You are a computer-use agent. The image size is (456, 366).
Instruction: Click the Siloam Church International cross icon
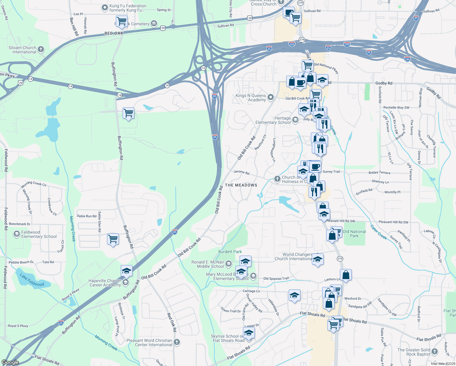41,49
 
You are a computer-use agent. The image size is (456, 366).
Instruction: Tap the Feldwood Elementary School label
39,234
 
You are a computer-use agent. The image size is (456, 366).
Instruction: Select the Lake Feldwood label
32,280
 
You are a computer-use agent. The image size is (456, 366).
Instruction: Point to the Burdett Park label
230,252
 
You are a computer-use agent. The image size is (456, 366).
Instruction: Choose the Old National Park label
354,234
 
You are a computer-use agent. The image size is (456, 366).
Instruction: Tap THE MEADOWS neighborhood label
241,185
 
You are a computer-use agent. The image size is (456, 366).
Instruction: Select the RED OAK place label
114,33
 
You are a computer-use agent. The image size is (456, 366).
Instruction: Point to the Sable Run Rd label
87,216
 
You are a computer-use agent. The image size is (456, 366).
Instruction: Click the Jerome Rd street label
241,172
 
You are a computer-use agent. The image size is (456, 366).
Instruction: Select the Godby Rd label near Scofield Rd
384,83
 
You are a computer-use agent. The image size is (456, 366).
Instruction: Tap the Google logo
10,362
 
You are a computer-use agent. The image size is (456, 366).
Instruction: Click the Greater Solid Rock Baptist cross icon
435,352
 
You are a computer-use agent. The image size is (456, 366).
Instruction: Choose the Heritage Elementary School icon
295,120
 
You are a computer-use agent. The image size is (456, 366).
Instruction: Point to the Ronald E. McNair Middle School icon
229,264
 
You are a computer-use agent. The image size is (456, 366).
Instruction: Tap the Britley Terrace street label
379,173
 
